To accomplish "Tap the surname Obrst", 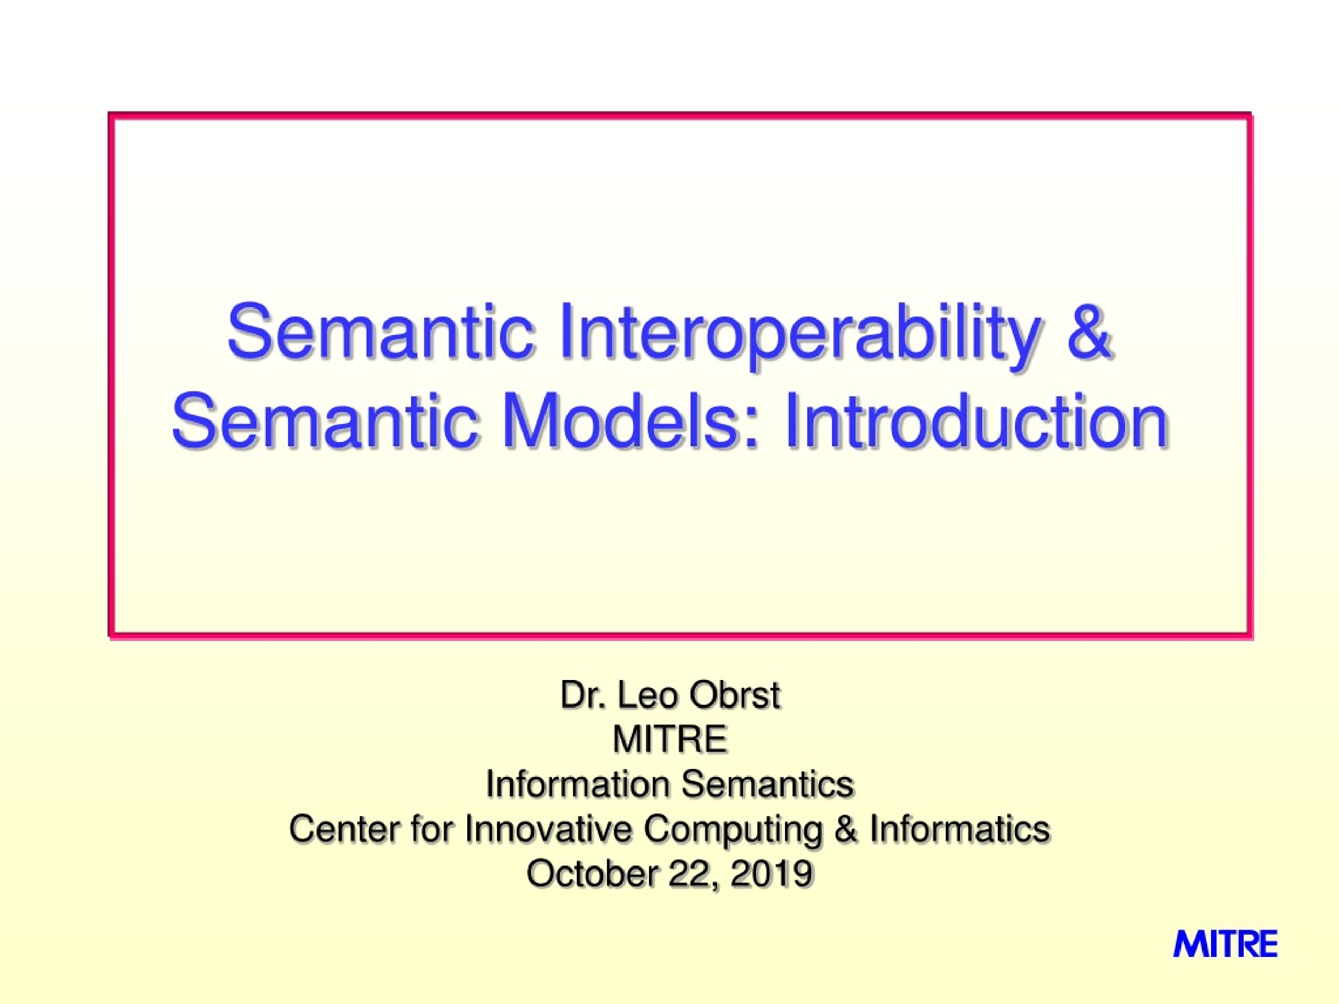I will pos(735,695).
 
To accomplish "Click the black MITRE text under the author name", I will pos(669,739).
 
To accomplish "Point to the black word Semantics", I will pos(767,784).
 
